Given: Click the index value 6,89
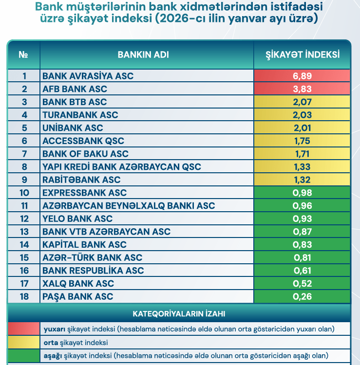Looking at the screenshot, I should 302,76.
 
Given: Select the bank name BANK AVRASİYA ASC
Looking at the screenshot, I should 88,76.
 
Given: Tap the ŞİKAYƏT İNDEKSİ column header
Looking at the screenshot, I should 302,55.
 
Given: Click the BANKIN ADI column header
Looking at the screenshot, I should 143,55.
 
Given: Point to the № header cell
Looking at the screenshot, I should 23,55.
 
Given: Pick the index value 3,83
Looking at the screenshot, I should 302,89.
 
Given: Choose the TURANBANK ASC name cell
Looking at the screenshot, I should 80,115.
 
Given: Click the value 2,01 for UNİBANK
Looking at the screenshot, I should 302,128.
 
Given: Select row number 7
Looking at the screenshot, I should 24,154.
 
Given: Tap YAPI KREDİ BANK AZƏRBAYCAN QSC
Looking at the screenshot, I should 122,167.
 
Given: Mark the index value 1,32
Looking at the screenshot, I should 302,180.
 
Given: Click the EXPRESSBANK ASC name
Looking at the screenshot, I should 84,193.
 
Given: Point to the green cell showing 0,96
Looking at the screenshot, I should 302,206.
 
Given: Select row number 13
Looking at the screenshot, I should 24,232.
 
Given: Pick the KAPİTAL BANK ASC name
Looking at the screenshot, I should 84,244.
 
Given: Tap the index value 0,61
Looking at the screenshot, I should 302,271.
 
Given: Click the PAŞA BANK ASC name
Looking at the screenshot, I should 78,296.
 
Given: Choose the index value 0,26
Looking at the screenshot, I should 302,296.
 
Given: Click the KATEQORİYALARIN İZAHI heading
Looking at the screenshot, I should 179,313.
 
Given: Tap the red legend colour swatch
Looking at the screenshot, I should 23,328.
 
